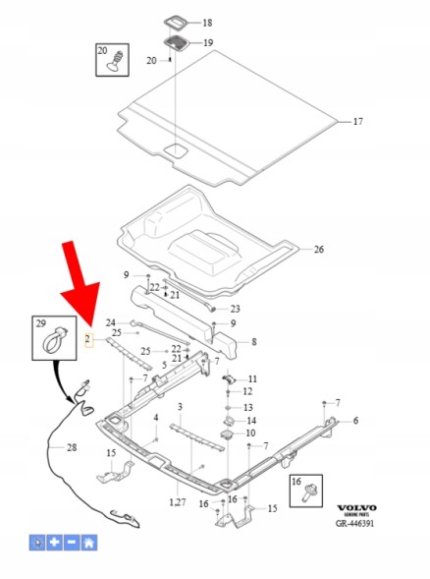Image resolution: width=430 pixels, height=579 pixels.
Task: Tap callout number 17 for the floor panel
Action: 357,122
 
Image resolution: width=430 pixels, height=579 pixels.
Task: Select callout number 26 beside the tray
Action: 319,250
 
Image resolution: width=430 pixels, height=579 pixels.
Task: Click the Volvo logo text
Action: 356,508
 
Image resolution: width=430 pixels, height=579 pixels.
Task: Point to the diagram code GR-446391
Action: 354,523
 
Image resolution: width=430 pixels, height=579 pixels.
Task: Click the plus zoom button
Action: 55,543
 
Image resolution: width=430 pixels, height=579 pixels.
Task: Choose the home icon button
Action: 89,543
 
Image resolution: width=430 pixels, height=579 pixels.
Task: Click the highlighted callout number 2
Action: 88,339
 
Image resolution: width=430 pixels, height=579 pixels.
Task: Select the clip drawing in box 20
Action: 116,61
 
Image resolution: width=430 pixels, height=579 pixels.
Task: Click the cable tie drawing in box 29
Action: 55,340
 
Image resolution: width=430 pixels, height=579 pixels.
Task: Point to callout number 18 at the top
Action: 207,23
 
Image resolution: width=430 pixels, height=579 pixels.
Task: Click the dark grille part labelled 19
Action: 177,42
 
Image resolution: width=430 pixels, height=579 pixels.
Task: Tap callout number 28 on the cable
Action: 72,447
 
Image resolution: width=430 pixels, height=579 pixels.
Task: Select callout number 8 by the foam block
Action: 254,342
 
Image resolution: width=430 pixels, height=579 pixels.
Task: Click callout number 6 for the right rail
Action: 355,421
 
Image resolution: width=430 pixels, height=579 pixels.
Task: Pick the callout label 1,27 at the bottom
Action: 178,502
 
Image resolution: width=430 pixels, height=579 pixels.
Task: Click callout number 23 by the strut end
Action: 236,309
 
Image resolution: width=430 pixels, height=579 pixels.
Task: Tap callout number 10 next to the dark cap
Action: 250,433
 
